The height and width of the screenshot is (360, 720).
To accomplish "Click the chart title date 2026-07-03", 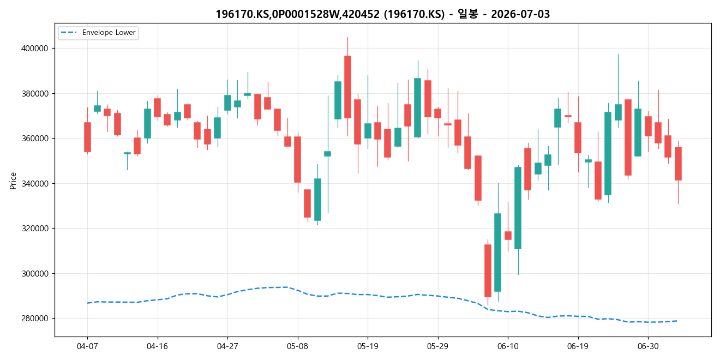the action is (520, 14).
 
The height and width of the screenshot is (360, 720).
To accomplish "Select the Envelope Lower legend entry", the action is (98, 33).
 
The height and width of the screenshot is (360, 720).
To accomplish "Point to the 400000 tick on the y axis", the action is (35, 49).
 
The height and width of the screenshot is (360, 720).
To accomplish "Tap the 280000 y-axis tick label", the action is (35, 319).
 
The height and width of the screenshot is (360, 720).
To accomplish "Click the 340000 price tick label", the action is (35, 183).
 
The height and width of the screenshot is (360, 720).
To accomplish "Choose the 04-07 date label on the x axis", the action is (87, 346).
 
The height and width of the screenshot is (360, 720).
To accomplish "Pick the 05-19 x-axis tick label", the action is (368, 346).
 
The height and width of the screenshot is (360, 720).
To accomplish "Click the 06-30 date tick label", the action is (648, 346).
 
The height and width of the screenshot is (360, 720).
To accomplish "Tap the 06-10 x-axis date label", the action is (508, 346).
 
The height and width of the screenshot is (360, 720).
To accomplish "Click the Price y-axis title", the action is (13, 181).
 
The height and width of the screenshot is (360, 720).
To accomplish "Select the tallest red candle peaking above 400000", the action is (347, 87).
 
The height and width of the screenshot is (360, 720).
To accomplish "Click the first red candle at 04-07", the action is (87, 137).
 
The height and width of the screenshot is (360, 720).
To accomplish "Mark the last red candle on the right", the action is (678, 164).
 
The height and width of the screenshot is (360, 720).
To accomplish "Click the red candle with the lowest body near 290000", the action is (488, 271).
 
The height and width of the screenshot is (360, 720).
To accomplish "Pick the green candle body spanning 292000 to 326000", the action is (498, 253).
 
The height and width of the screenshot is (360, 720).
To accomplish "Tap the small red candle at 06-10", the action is (508, 236).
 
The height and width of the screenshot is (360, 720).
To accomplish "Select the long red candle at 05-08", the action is (298, 160).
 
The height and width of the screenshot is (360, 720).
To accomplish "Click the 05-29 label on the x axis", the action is (438, 346).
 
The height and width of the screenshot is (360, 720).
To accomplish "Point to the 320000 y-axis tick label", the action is (35, 229).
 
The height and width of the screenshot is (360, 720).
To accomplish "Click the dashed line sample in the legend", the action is (69, 33).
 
